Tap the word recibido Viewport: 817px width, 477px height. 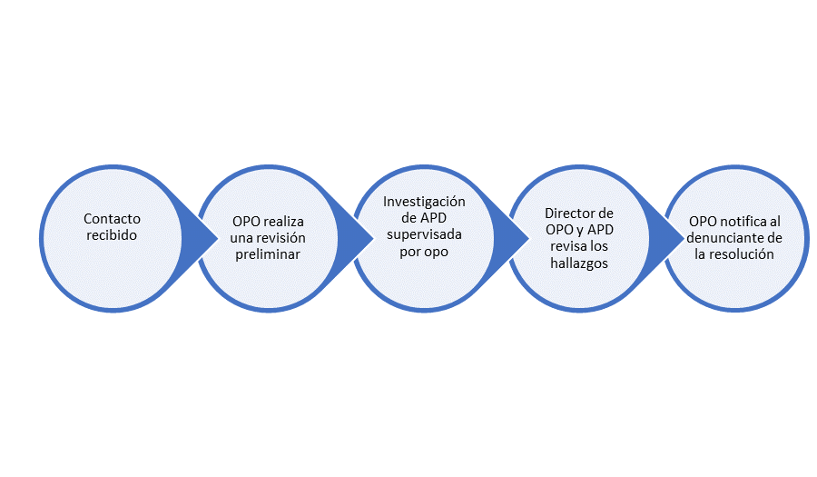coord(113,235)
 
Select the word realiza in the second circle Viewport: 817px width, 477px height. coord(284,222)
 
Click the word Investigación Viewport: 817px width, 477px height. coord(424,201)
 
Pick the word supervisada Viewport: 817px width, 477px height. coord(424,234)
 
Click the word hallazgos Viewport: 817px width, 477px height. coord(578,263)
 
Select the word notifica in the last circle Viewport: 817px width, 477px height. coord(748,222)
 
